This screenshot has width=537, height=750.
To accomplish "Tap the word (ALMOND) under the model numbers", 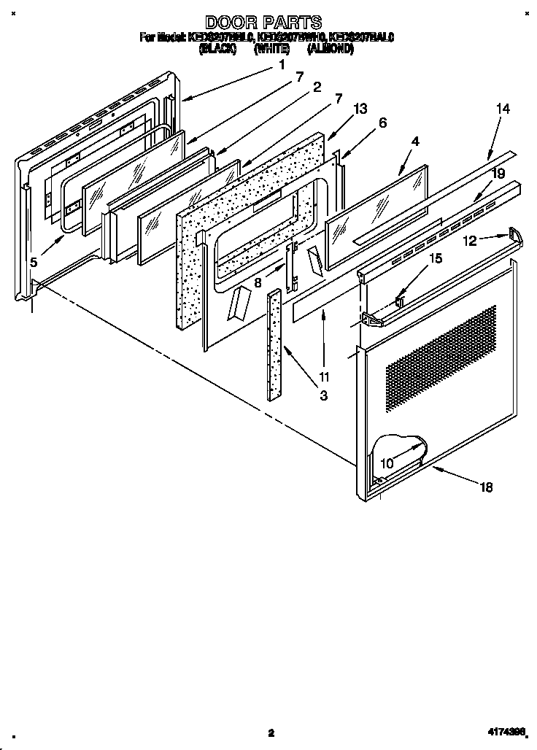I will point(331,50).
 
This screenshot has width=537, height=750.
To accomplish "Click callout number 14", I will point(503,109).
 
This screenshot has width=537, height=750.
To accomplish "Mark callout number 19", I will point(498,174).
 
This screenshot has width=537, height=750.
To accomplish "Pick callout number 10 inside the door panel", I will point(386,463).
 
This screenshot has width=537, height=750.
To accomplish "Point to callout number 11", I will point(324,377).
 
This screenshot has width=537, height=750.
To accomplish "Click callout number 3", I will point(323,397).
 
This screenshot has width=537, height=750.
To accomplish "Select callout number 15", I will point(435,258).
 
